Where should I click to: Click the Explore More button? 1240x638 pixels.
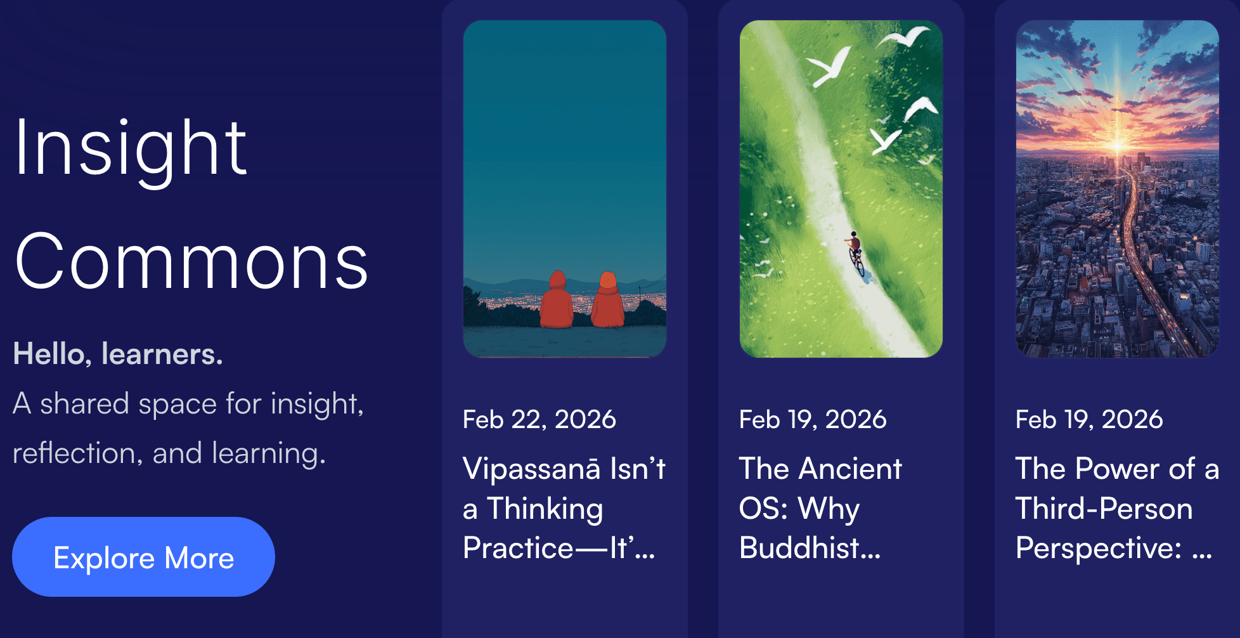point(143,557)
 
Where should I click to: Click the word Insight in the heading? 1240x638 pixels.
point(131,148)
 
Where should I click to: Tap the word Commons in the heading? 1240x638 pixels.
point(191,261)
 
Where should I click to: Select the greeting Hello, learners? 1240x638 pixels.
point(118,354)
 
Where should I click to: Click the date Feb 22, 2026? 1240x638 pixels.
point(539,419)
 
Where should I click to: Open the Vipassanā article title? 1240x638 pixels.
point(564,508)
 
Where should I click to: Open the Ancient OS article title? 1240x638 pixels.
point(820,508)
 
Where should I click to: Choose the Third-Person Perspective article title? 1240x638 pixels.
point(1117,508)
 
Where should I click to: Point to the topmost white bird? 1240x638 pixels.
point(903,36)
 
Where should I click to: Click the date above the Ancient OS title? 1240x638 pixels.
point(813,419)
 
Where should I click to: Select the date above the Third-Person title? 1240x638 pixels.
point(1089,419)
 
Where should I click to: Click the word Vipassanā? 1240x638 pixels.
point(531,469)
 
